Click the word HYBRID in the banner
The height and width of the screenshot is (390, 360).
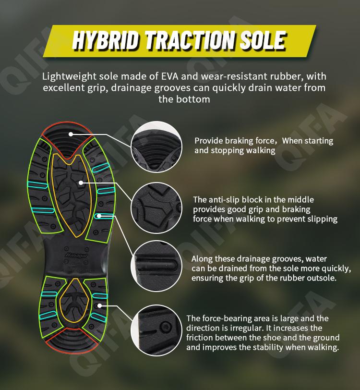pos(105,40)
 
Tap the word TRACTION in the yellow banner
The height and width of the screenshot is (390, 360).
pos(190,40)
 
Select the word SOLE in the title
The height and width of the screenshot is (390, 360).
pos(263,40)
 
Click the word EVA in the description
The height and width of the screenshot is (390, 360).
pos(170,76)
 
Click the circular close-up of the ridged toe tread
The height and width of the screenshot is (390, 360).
pos(156,147)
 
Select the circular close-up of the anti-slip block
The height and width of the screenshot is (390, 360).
pos(156,208)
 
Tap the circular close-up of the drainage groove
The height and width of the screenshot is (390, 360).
pos(156,266)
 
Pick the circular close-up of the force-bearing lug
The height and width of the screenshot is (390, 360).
pos(156,330)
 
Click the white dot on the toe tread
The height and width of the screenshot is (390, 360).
pos(71,134)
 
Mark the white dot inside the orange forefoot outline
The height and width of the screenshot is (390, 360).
pos(81,183)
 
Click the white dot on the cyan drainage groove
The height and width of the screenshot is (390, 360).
pos(99,216)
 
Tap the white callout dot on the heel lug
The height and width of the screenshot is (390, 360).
pos(99,305)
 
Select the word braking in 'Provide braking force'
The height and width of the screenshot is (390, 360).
pos(239,141)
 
